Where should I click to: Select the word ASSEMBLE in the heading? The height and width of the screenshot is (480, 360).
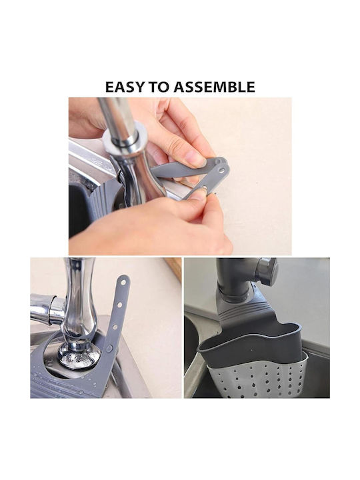pos(215,87)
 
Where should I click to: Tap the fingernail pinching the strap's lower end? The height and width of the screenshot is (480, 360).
pos(198,194)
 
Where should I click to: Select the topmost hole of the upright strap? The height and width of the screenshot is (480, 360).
pos(123,282)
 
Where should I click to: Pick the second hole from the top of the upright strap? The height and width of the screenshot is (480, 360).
pos(120,305)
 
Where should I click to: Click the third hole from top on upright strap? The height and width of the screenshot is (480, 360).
pos(115,327)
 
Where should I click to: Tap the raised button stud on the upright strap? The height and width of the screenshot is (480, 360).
pos(109,348)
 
